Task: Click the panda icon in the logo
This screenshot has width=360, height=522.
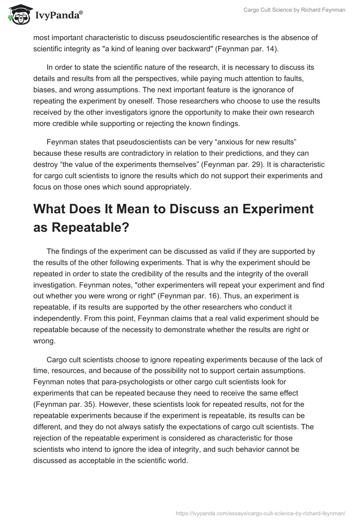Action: point(18,15)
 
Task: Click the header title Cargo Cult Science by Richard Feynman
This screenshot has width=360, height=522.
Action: point(294,10)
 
